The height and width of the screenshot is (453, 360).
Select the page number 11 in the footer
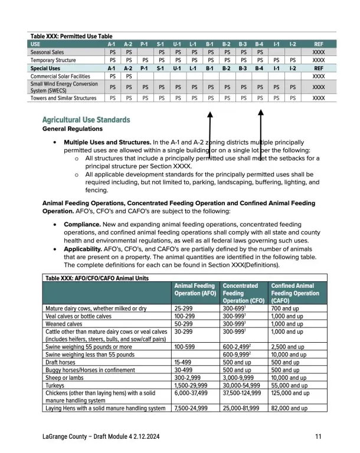pos(318,437)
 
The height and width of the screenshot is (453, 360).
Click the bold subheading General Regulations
pos(73,129)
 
